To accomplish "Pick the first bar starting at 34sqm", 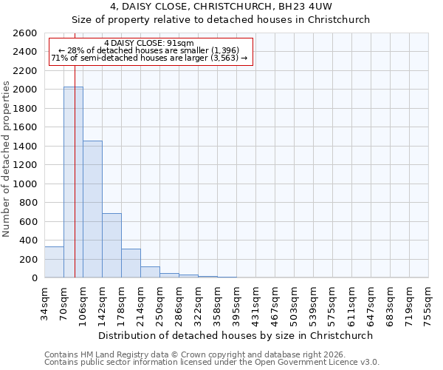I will pyautogui.click(x=54, y=263).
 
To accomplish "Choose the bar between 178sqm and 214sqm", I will pyautogui.click(x=131, y=263).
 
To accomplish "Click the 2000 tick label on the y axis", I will pyautogui.click(x=27, y=90).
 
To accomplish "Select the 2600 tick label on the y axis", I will pyautogui.click(x=27, y=33).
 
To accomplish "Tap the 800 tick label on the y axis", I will pyautogui.click(x=30, y=203).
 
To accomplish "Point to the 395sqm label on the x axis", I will pyautogui.click(x=237, y=302).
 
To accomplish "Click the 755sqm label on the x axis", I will pyautogui.click(x=429, y=302).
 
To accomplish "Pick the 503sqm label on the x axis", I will pyautogui.click(x=295, y=302).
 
